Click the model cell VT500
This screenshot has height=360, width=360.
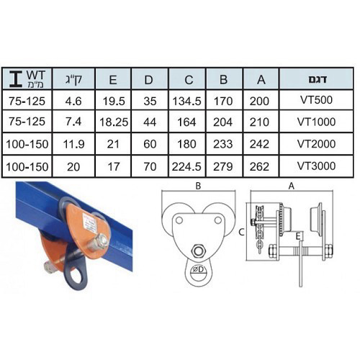coord(316,100)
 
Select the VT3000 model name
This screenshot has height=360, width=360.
coord(316,166)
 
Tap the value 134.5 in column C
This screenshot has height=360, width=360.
coord(186,101)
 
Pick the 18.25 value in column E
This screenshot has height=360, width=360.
coord(114,122)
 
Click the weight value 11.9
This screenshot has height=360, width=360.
coord(73,144)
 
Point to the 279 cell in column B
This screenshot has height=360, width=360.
coord(223,166)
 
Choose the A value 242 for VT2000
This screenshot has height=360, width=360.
coord(259,144)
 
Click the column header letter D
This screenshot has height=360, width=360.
coord(148,80)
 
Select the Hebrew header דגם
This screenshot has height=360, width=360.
coord(318,79)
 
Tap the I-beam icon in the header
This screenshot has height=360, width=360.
coord(16,79)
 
